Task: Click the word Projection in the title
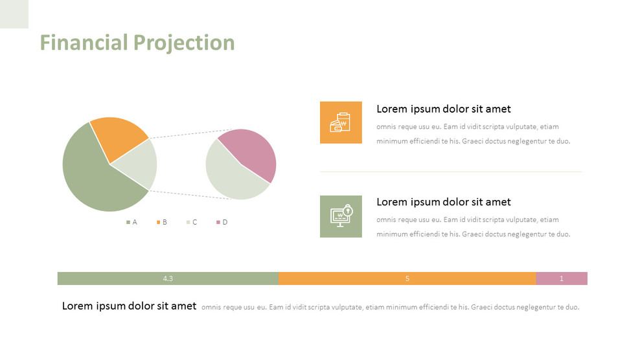click(184, 43)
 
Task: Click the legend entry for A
click(132, 222)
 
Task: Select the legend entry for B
click(162, 222)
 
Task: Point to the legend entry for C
click(192, 222)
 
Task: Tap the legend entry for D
click(222, 222)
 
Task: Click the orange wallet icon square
click(341, 122)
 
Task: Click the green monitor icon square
click(341, 216)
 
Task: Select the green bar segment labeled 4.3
click(168, 278)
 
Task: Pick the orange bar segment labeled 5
click(407, 278)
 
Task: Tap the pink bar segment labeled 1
click(562, 278)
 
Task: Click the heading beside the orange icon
click(443, 109)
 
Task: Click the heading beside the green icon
click(443, 202)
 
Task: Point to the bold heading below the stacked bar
click(129, 306)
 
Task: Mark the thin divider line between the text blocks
click(451, 172)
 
